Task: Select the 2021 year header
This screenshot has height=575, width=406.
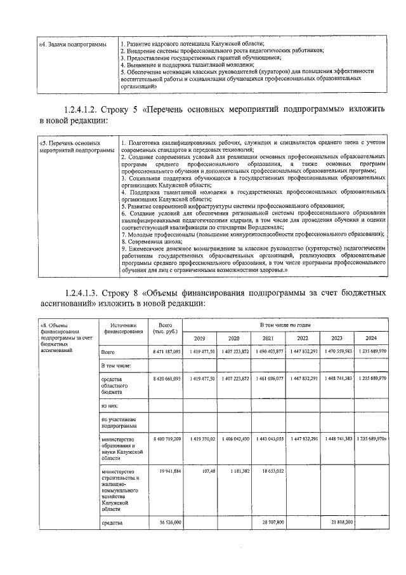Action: [268, 337]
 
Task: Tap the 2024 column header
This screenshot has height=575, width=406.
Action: [370, 337]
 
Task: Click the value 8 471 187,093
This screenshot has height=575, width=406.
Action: [167, 351]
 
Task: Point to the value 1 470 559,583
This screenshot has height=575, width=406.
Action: [337, 351]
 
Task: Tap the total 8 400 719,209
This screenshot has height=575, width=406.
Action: [167, 439]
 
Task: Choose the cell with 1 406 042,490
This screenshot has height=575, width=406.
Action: [233, 439]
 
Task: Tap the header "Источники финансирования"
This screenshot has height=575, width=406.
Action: [122, 328]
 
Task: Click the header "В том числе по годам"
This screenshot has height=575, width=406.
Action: [284, 325]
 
